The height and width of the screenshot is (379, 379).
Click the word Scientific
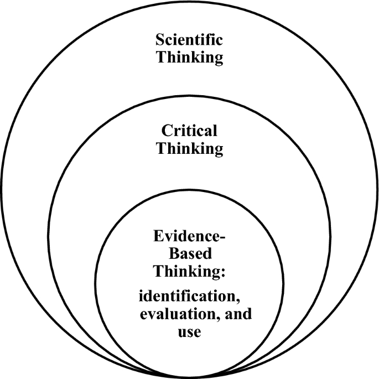pyautogui.click(x=190, y=40)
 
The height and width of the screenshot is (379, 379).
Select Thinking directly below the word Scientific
pyautogui.click(x=190, y=58)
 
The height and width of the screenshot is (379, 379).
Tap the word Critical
pyautogui.click(x=189, y=131)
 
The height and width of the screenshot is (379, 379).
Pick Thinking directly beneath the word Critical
pyautogui.click(x=189, y=148)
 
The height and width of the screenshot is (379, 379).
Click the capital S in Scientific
pyautogui.click(x=160, y=40)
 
